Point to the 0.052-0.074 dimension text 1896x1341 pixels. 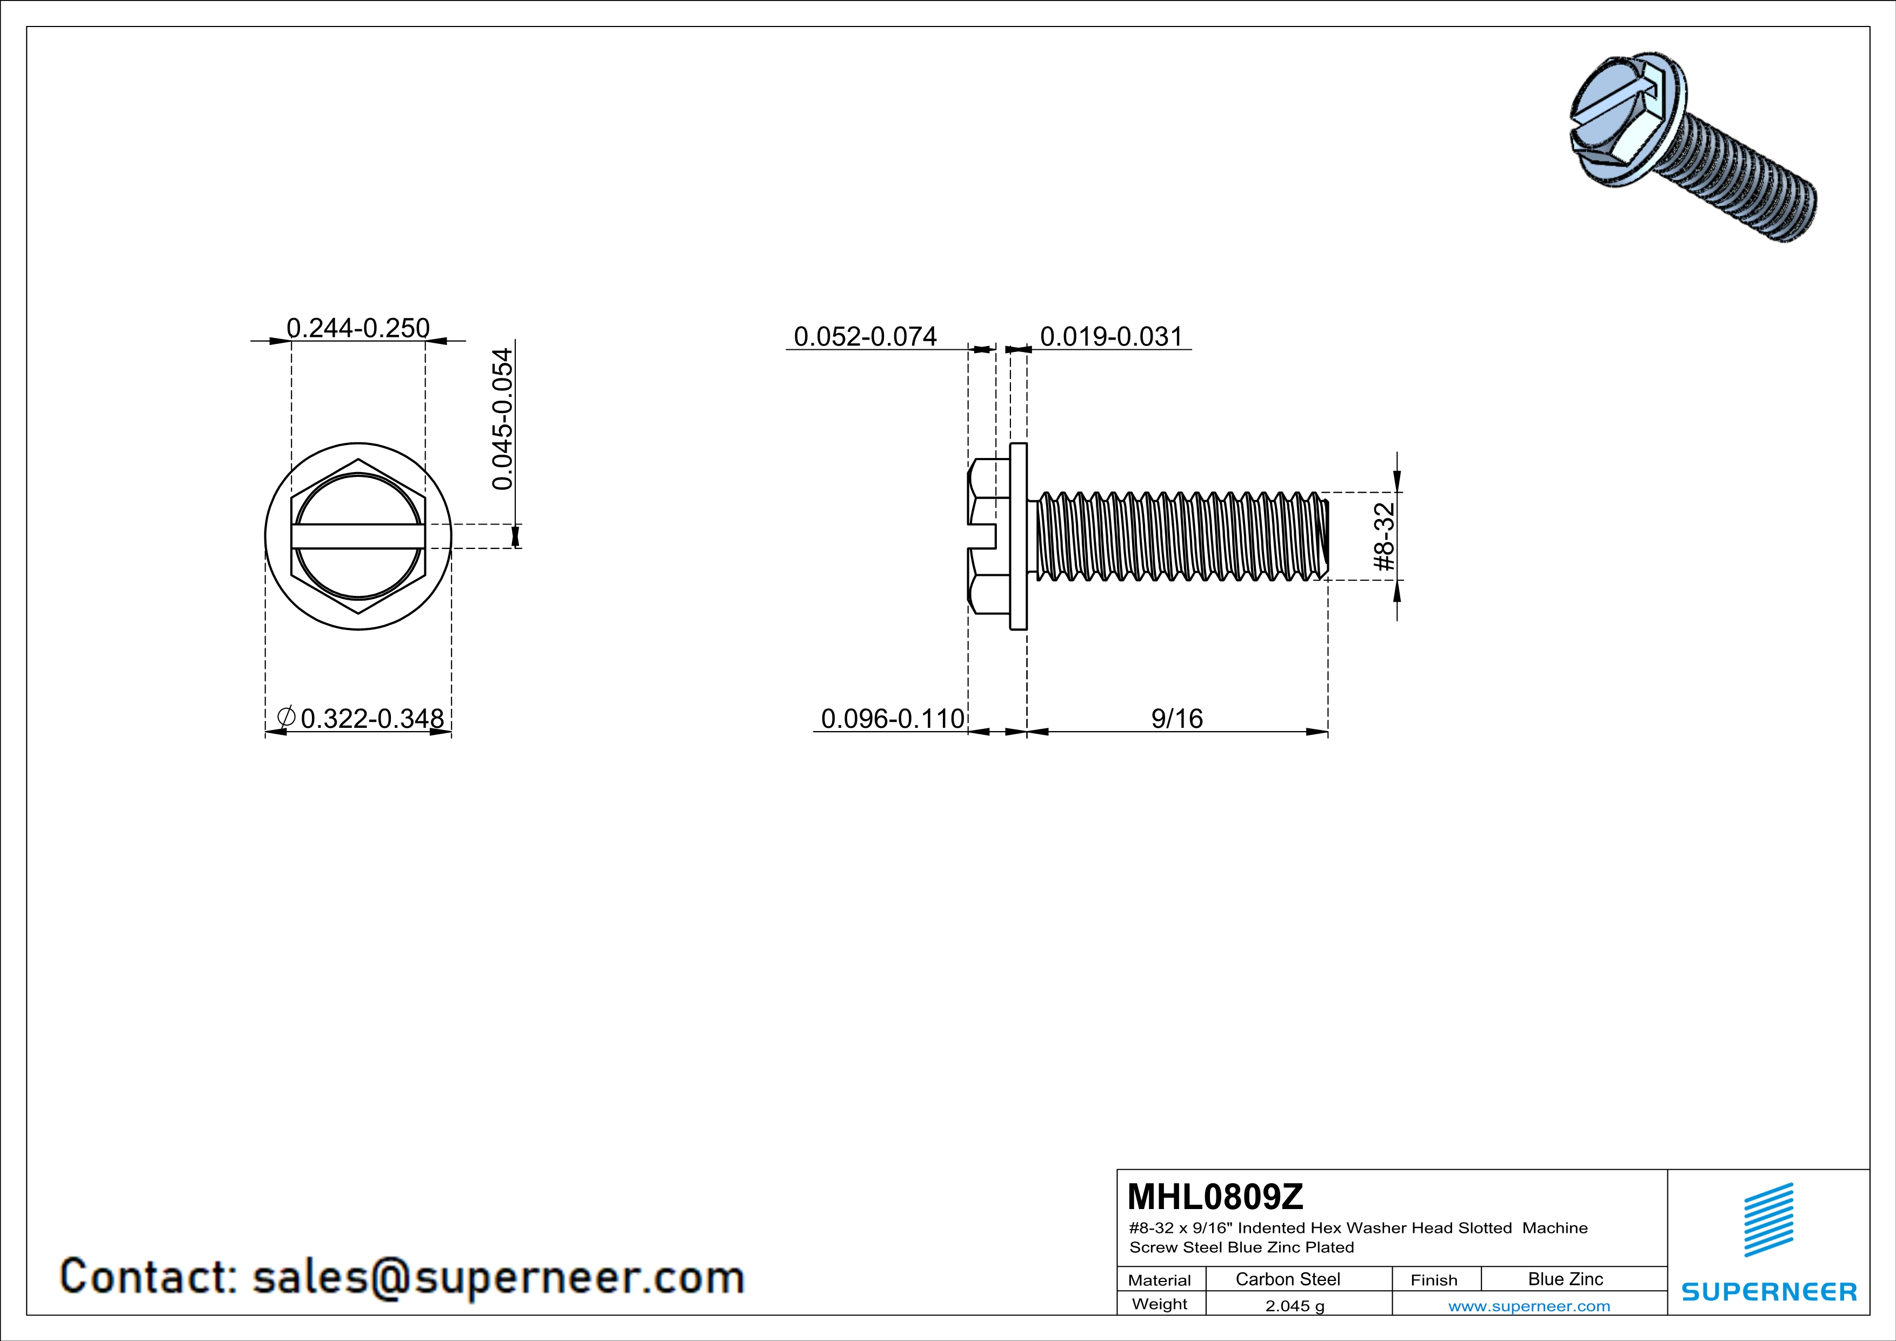click(866, 336)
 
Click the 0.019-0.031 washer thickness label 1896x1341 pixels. click(1112, 336)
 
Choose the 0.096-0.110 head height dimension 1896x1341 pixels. click(893, 719)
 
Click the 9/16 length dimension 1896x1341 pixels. click(1177, 719)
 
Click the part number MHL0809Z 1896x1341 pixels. click(1215, 1197)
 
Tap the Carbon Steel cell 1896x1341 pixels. click(1288, 1279)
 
